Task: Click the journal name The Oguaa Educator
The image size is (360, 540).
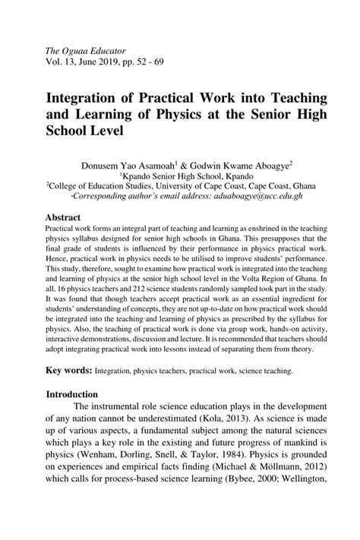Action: [84, 49]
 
